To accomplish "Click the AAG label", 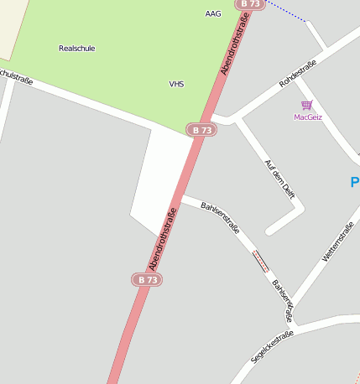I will [x=213, y=14].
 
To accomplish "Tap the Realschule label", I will [x=76, y=49].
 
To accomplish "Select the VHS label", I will [x=176, y=85].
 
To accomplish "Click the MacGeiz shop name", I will [x=308, y=117].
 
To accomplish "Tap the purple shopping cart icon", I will [x=307, y=105].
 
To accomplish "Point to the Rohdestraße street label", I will [x=298, y=73].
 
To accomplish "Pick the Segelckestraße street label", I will [x=273, y=346].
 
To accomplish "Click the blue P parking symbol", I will [x=354, y=182].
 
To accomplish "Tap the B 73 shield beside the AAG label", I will [x=251, y=4].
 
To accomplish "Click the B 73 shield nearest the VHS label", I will [x=201, y=130].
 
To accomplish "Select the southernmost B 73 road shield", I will [x=147, y=279].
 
